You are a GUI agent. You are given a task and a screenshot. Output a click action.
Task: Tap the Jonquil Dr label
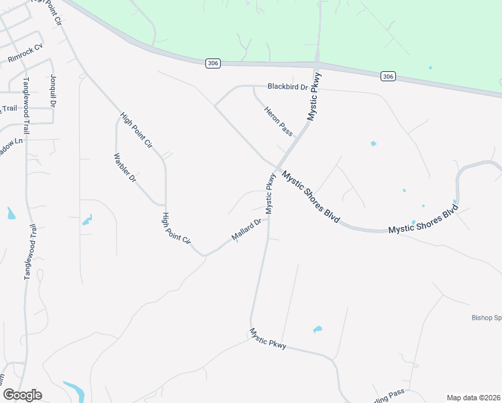(52, 91)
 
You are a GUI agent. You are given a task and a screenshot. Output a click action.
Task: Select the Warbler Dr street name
(125, 169)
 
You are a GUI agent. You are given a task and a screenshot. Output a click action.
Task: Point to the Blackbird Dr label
(287, 87)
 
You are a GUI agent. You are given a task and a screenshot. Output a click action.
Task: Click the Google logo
(22, 395)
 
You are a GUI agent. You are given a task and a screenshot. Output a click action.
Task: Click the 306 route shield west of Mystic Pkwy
(213, 63)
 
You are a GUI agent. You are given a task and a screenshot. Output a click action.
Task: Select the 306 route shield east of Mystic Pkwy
(387, 77)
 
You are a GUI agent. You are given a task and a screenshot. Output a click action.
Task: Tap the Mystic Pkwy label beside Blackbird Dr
(315, 97)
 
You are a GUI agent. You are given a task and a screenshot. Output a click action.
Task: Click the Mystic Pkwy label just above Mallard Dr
(270, 193)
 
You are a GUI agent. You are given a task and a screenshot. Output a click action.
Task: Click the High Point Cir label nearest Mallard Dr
(177, 228)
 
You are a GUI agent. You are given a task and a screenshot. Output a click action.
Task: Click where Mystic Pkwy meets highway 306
(317, 65)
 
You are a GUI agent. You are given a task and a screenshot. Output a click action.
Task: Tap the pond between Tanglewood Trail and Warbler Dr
(87, 219)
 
